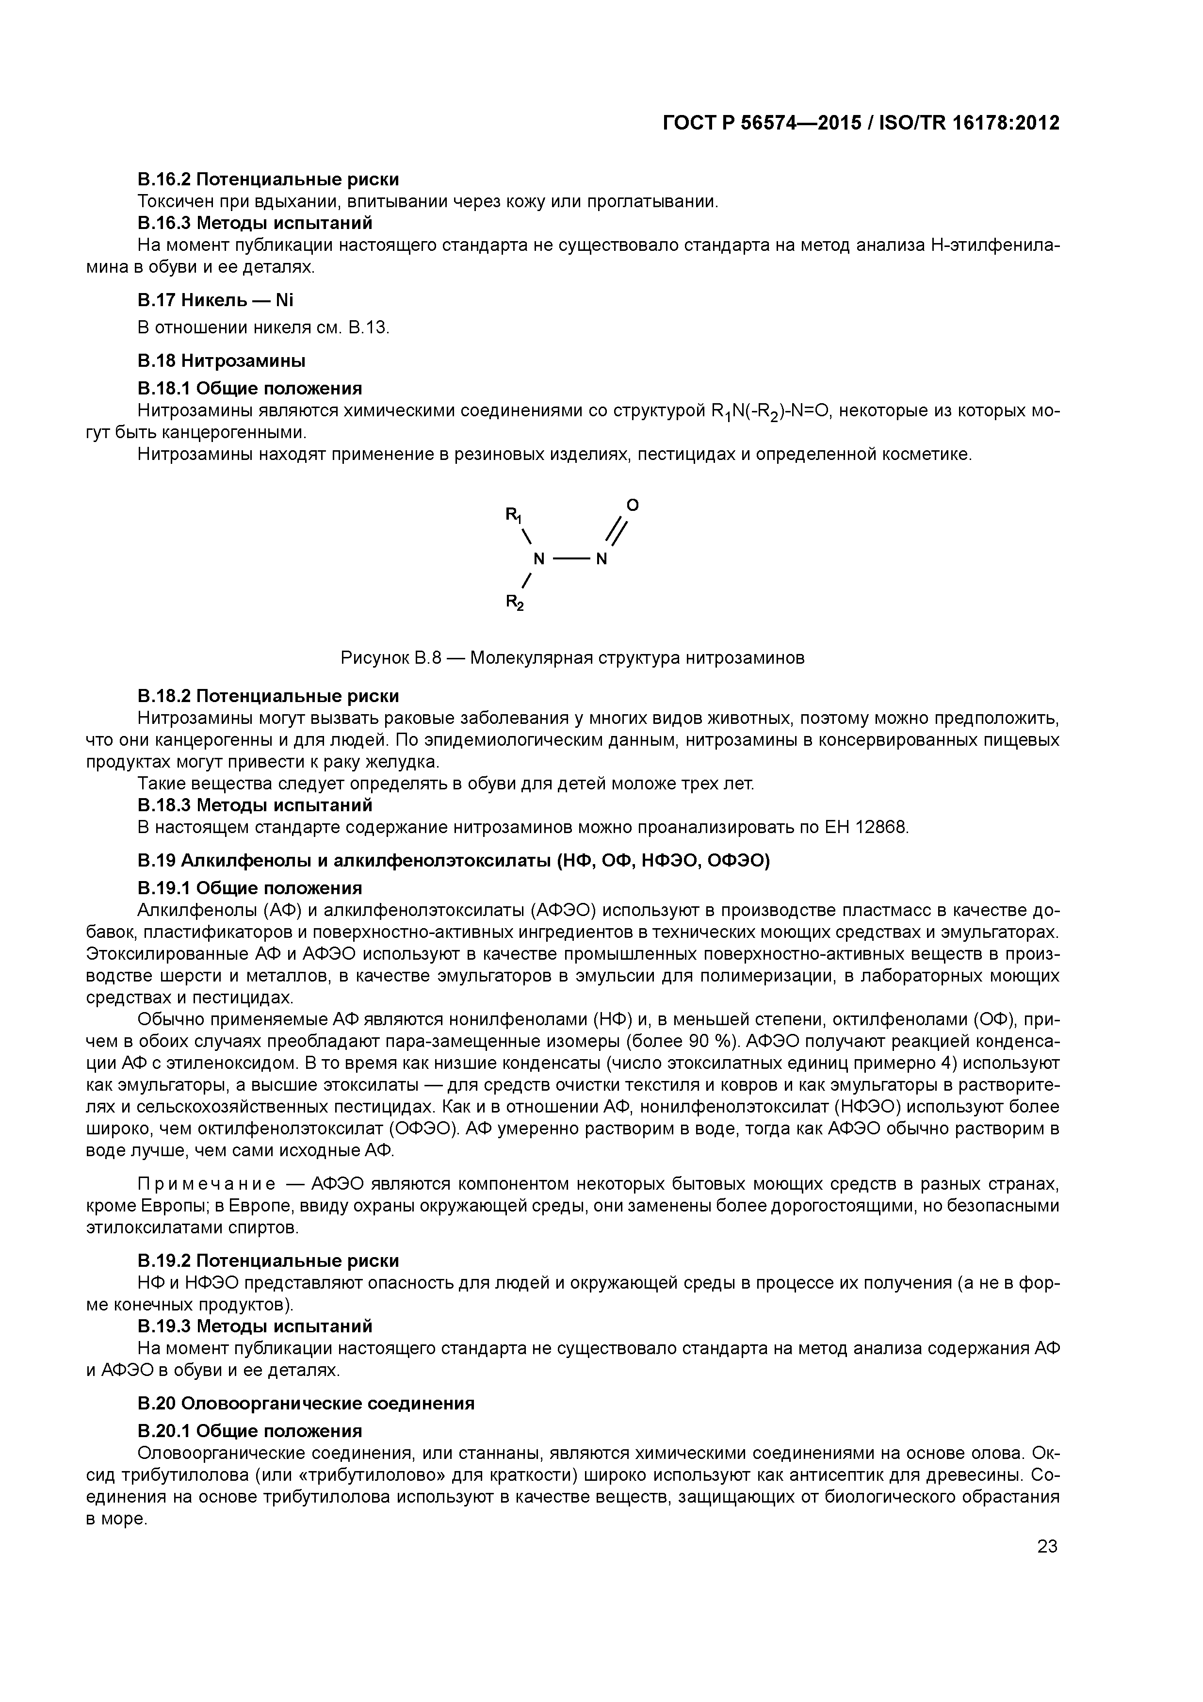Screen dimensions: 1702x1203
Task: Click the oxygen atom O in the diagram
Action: (x=632, y=505)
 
